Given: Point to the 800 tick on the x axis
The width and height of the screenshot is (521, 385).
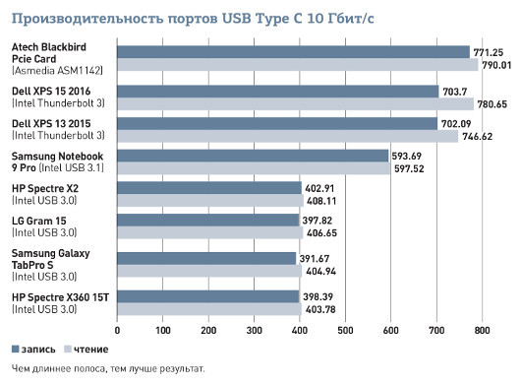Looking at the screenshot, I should click(x=481, y=331).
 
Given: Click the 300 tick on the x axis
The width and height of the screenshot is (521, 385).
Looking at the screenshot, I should click(x=254, y=331).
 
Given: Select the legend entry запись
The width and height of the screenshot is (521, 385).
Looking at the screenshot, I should click(x=35, y=350).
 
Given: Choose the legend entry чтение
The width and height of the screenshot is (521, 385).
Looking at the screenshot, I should click(x=87, y=350).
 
